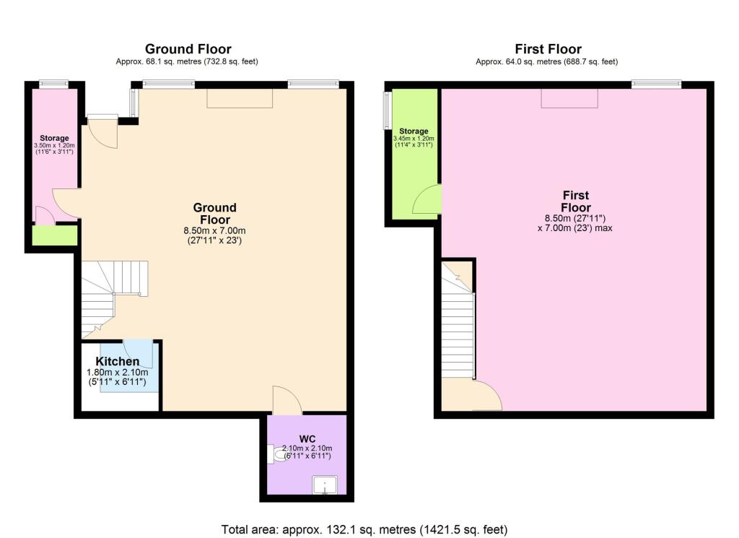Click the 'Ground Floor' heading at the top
188,49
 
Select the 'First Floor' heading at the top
548,49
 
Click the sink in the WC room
325,486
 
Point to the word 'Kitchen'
118,361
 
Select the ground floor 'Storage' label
54,138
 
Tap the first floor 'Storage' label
414,131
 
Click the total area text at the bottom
369,529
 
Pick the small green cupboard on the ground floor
55,235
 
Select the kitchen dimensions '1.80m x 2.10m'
117,372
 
